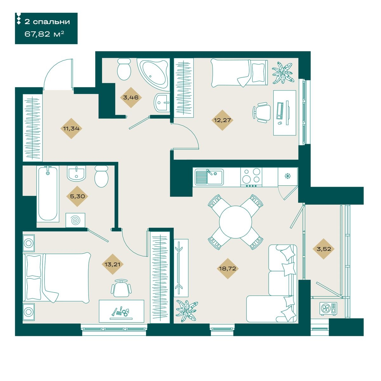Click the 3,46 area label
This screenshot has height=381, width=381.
131,97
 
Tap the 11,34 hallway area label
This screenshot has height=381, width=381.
71,129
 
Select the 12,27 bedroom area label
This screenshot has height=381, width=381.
222,120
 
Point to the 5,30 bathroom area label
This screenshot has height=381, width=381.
77,196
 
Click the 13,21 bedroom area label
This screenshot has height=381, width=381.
112,264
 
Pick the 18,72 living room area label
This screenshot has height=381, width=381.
227,269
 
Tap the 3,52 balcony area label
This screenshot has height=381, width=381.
324,249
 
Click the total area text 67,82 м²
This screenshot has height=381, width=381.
44,34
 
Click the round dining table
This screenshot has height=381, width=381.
235,222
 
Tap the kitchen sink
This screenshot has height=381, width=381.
209,177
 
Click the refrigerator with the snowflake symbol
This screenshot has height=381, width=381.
287,177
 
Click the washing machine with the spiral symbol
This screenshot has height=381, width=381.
75,220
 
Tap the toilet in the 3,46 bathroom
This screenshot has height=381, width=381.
124,69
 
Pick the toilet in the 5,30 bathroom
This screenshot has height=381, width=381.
101,176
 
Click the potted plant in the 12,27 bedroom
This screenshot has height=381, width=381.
282,73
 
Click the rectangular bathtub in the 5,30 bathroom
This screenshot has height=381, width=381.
48,194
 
